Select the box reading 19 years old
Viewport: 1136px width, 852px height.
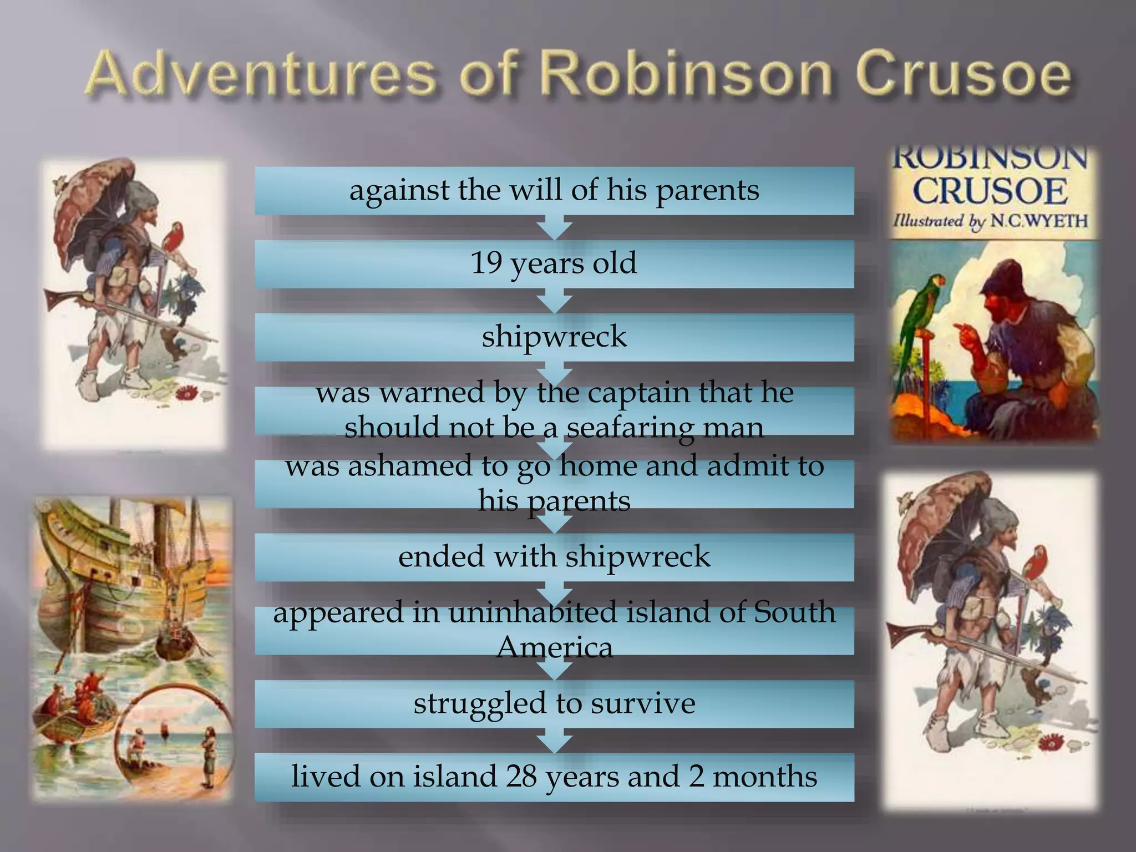point(554,263)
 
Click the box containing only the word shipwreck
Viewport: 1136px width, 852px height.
point(554,337)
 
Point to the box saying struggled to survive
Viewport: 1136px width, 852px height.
point(554,704)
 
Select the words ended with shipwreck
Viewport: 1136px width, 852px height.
point(554,557)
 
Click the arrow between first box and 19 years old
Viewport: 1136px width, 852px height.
point(554,228)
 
